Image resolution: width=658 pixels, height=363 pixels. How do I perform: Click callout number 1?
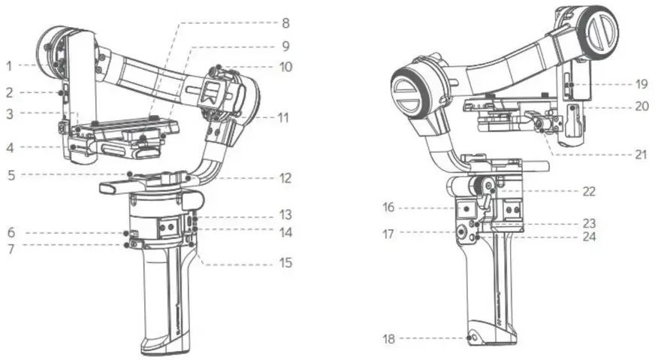pyautogui.click(x=8, y=66)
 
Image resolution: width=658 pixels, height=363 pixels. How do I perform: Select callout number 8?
pyautogui.click(x=285, y=23)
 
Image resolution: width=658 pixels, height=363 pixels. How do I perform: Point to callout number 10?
pyautogui.click(x=285, y=66)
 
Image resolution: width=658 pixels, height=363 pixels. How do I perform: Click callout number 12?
pyautogui.click(x=285, y=179)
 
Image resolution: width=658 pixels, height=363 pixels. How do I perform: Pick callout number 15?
pyautogui.click(x=285, y=263)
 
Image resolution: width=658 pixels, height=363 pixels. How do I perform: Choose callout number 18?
pyautogui.click(x=388, y=339)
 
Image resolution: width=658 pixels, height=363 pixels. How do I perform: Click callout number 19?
pyautogui.click(x=641, y=83)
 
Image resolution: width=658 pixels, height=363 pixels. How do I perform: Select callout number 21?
pyautogui.click(x=641, y=155)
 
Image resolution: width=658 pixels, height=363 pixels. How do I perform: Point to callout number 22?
pyautogui.click(x=588, y=192)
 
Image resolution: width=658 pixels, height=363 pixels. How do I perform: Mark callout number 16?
pyautogui.click(x=388, y=206)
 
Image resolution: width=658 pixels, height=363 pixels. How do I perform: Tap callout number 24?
pyautogui.click(x=588, y=237)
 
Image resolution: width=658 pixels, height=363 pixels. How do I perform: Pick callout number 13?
pyautogui.click(x=285, y=213)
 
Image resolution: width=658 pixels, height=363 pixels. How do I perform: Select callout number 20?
pyautogui.click(x=641, y=106)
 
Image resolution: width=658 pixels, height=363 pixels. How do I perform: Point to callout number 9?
pyautogui.click(x=285, y=45)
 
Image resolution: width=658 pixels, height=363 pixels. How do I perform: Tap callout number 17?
pyautogui.click(x=388, y=234)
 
